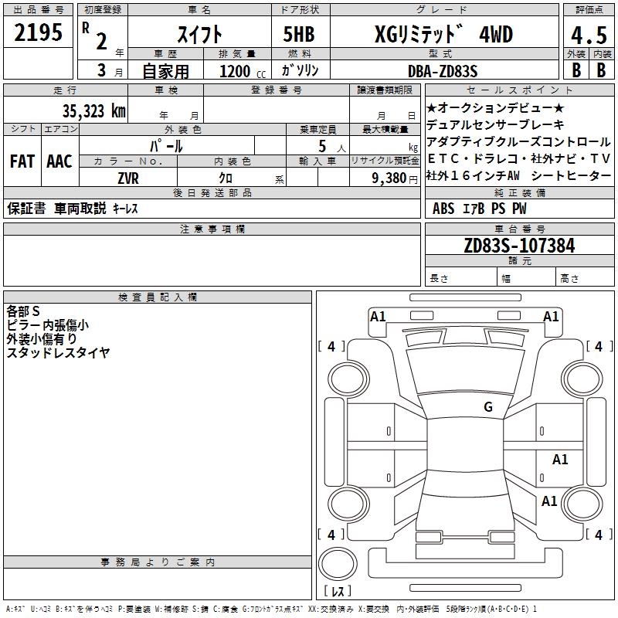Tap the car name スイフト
199,34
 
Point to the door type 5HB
300,34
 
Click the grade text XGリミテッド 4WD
443,34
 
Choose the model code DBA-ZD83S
442,71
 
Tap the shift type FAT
22,161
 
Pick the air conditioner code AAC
59,161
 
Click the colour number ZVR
127,178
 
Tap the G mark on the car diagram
488,407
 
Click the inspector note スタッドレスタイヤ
58,352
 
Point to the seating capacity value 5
321,145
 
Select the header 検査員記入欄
158,297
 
